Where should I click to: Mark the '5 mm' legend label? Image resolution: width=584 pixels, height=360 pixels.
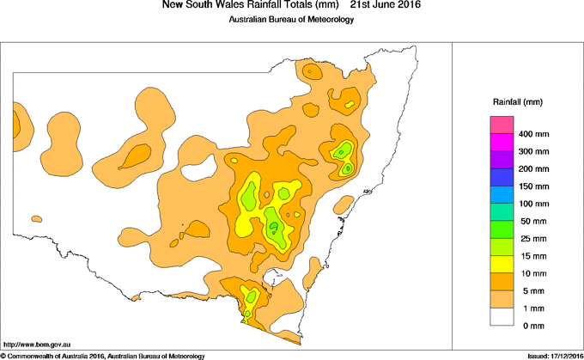pos(531,291)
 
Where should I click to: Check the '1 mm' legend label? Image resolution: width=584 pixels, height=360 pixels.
pos(531,308)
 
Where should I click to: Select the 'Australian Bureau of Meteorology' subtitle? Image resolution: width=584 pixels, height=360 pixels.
pos(291,20)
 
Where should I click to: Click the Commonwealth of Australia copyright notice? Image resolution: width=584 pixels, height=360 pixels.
pos(103,355)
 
